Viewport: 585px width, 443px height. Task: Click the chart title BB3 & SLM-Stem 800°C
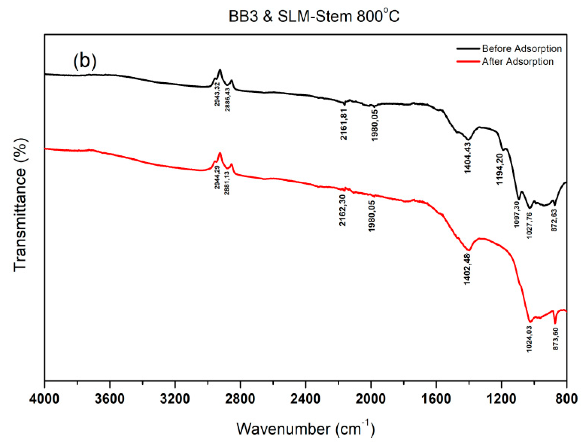click(314, 16)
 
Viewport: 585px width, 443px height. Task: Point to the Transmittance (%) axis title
click(20, 205)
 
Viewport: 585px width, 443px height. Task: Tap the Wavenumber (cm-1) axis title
click(305, 428)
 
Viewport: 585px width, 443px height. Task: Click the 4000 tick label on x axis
click(44, 399)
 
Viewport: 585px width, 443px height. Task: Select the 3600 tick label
click(110, 399)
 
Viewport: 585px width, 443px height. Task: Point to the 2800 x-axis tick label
click(240, 399)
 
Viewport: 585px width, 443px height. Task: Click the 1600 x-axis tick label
click(436, 399)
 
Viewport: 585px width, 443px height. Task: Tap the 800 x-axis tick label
click(566, 399)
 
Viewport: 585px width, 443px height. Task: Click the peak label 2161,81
click(344, 124)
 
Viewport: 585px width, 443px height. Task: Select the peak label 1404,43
click(467, 158)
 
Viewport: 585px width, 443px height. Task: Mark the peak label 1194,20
click(500, 169)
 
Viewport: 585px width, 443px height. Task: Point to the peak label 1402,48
click(467, 269)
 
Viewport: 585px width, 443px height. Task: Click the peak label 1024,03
click(529, 339)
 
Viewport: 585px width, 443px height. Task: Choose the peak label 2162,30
click(342, 210)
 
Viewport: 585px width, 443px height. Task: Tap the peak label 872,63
click(554, 220)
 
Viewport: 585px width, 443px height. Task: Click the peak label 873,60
click(555, 339)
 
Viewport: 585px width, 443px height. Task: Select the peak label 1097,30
click(517, 214)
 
